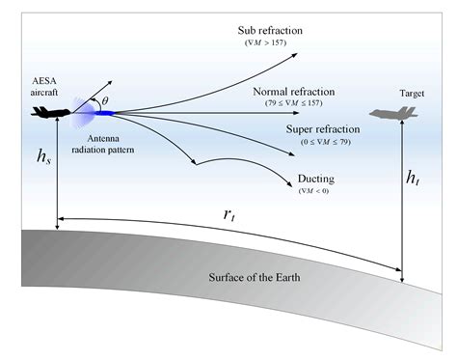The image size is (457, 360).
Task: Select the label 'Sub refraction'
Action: (x=270, y=30)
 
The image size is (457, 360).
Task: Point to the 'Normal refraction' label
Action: (x=293, y=92)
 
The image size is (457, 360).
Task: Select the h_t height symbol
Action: (x=413, y=177)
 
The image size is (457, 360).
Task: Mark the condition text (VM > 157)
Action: (x=270, y=43)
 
